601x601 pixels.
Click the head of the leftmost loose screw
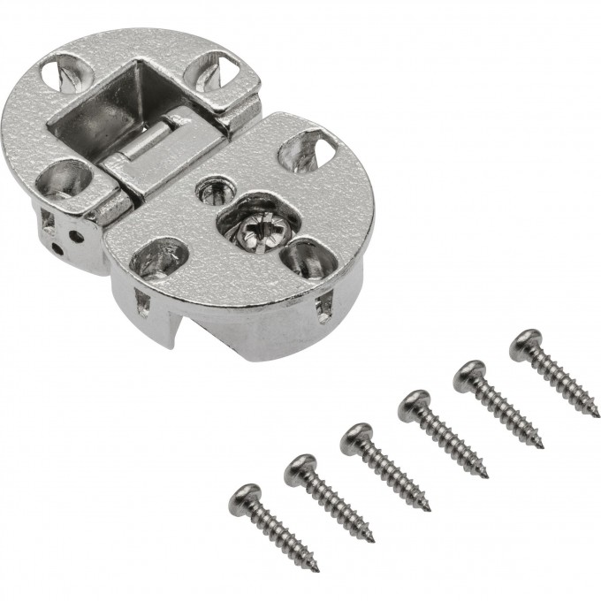pos(245,497)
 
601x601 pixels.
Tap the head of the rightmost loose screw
pos(525,342)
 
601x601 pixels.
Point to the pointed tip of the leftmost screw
pos(315,567)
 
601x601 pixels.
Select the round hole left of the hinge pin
pos(67,177)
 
